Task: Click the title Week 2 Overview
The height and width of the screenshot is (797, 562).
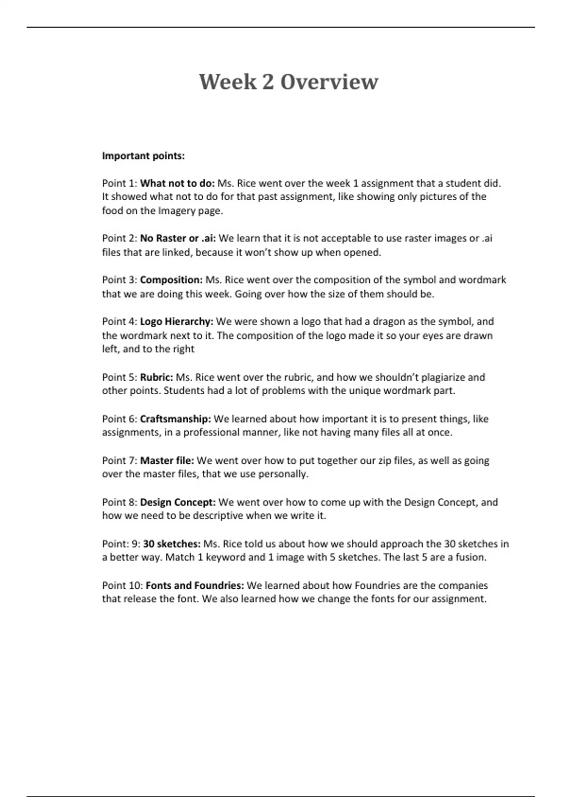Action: click(x=288, y=82)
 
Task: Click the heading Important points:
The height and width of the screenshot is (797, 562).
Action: click(x=143, y=156)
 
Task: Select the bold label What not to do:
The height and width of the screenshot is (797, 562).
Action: click(x=177, y=183)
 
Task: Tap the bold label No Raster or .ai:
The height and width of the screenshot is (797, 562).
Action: click(x=178, y=238)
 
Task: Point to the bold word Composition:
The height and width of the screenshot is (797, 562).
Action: click(x=171, y=280)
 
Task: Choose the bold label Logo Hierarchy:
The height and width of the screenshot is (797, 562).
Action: click(x=177, y=322)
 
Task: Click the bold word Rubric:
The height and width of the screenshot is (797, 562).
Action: click(x=156, y=377)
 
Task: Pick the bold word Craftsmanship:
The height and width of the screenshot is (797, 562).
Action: click(x=176, y=419)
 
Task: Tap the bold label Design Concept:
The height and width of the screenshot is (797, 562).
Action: click(x=178, y=502)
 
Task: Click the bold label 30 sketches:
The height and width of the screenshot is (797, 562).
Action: click(x=172, y=544)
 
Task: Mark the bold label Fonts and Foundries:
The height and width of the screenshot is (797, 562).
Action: click(x=195, y=586)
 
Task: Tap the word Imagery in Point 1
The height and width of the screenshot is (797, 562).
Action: click(x=176, y=211)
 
